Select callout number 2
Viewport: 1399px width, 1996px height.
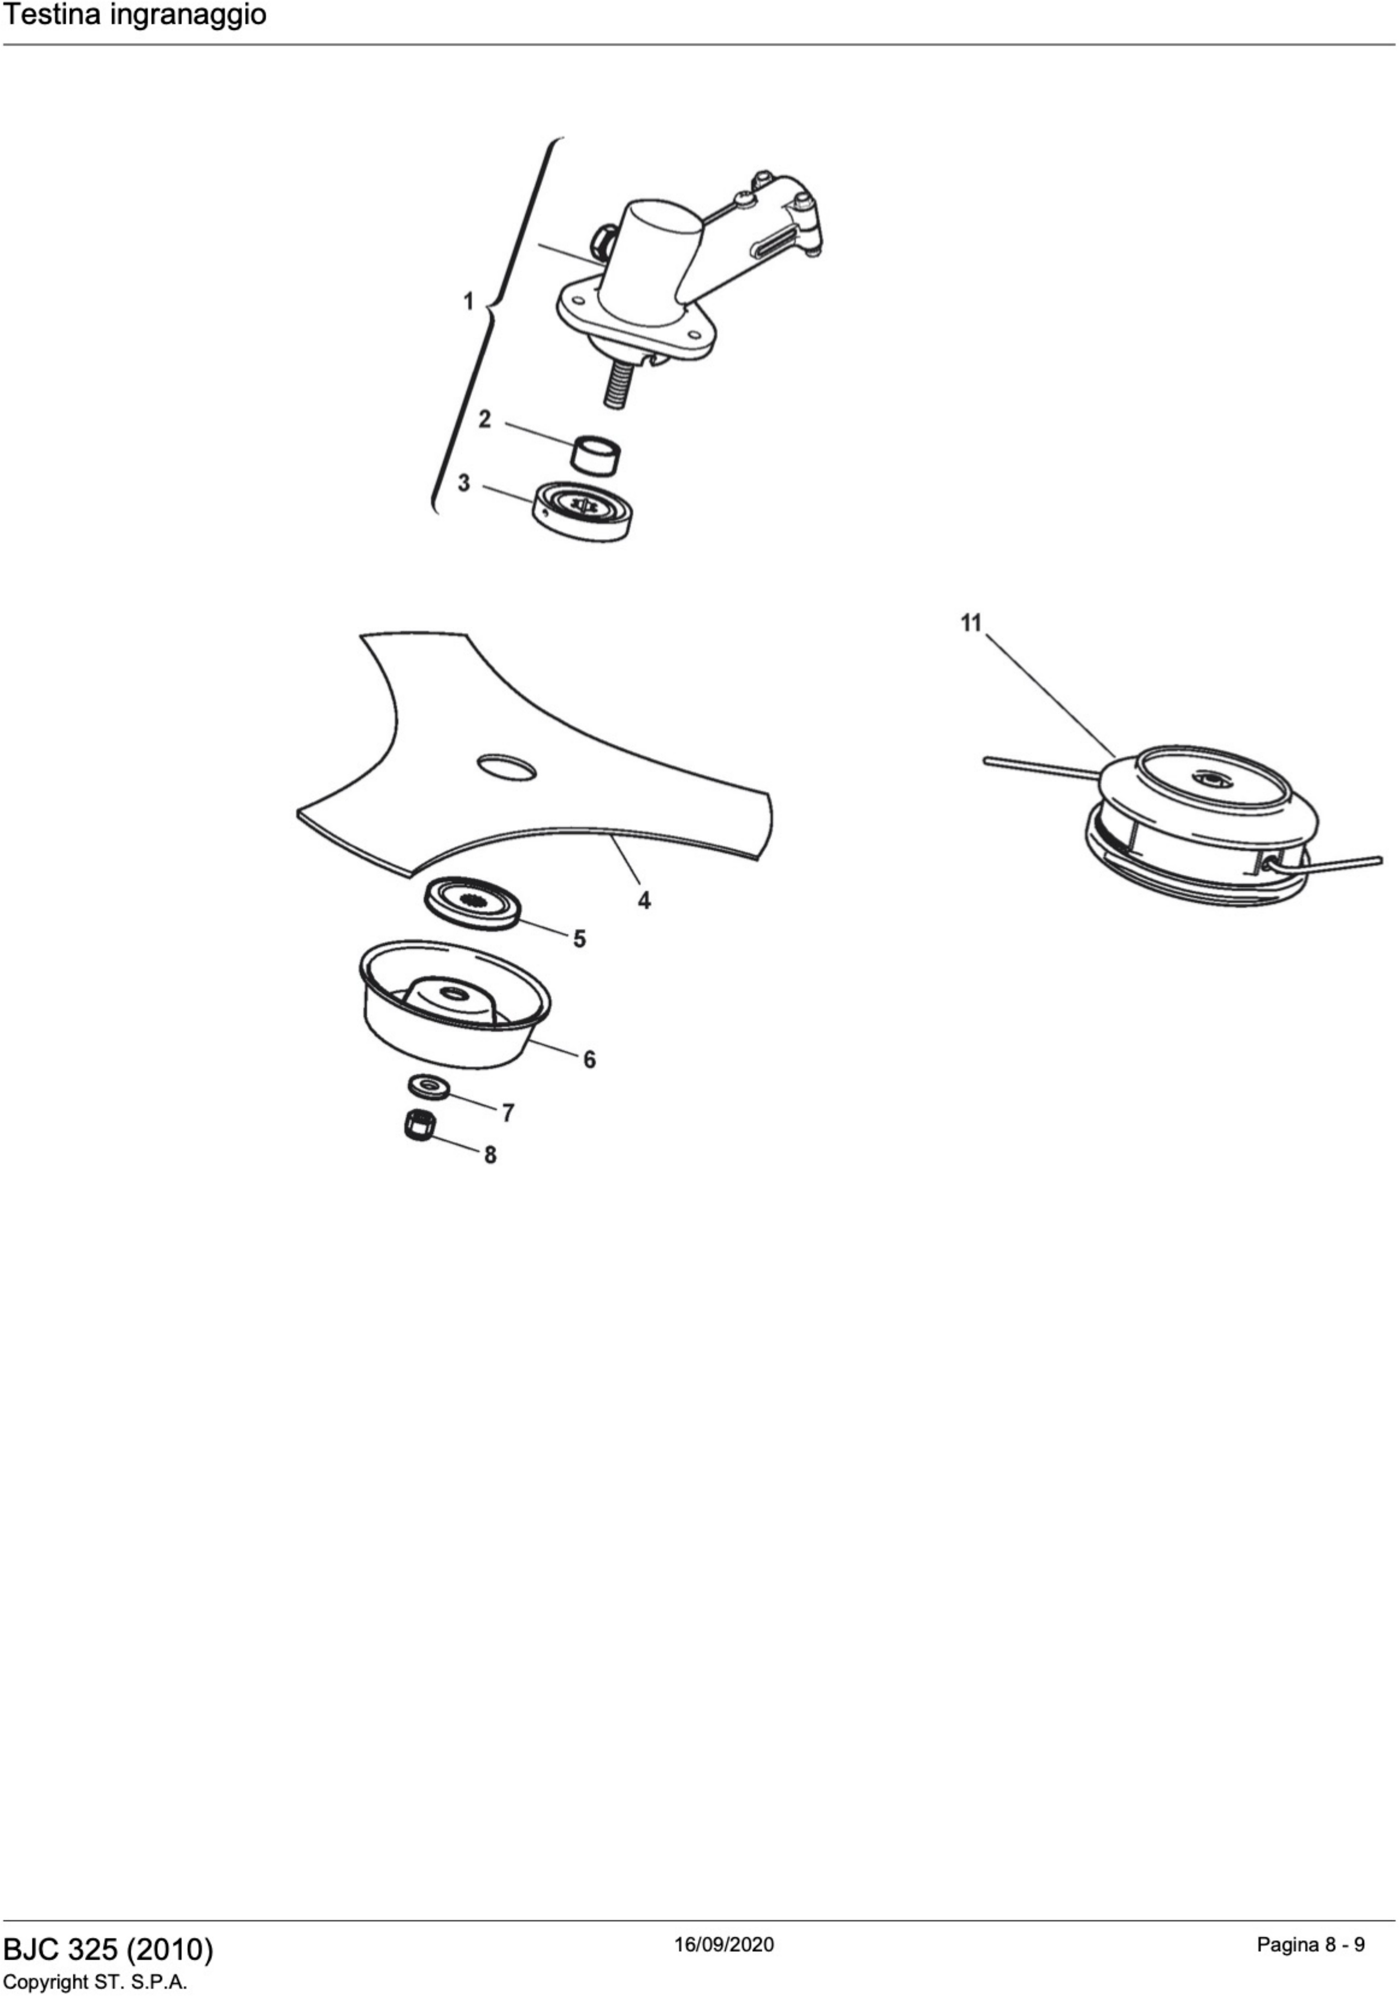pyautogui.click(x=485, y=419)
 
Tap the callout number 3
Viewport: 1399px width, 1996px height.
pyautogui.click(x=464, y=482)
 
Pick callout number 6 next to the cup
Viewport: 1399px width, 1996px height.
pyautogui.click(x=590, y=1060)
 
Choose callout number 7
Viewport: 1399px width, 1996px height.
pyautogui.click(x=509, y=1113)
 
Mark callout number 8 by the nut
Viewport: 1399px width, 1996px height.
pyautogui.click(x=490, y=1155)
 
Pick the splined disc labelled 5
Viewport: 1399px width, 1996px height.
pyautogui.click(x=472, y=902)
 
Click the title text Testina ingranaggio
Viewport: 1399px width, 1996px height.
pyautogui.click(x=135, y=16)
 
